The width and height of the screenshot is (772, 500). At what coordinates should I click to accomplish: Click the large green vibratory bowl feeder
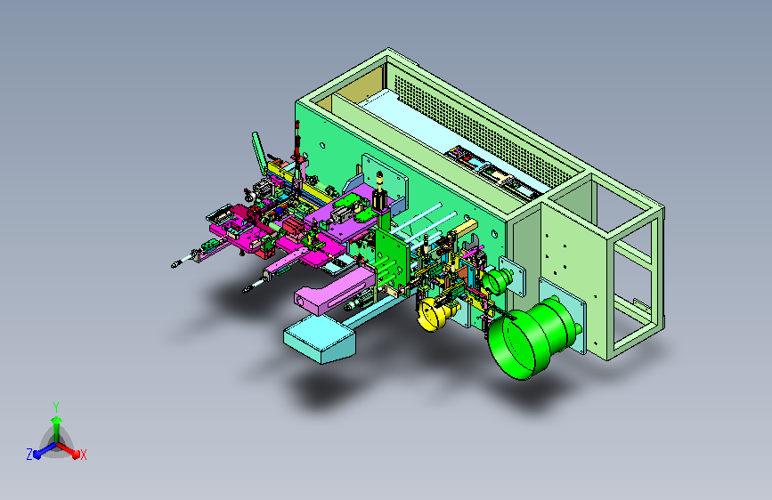pyautogui.click(x=529, y=340)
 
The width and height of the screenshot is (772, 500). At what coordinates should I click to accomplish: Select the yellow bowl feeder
pyautogui.click(x=435, y=312)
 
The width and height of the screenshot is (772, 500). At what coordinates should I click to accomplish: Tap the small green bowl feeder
pyautogui.click(x=497, y=280)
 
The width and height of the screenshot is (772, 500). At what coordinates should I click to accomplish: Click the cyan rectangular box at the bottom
pyautogui.click(x=319, y=339)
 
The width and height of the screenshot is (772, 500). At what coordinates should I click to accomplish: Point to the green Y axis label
pyautogui.click(x=56, y=407)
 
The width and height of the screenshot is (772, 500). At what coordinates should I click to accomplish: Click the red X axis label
pyautogui.click(x=83, y=456)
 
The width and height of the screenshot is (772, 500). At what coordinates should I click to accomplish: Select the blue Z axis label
pyautogui.click(x=29, y=455)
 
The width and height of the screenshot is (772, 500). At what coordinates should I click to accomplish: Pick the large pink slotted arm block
pyautogui.click(x=335, y=290)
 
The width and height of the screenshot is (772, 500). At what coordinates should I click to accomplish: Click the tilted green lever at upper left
pyautogui.click(x=259, y=151)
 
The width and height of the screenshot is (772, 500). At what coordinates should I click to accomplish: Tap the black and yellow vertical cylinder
pyautogui.click(x=379, y=191)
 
